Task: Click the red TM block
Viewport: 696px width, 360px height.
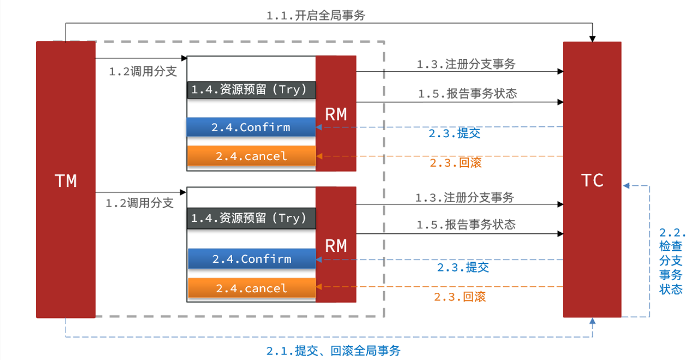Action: pos(66,180)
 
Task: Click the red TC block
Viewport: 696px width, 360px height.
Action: pos(592,180)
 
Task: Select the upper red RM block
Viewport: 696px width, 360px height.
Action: pos(336,114)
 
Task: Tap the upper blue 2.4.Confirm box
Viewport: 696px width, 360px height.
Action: pos(251,127)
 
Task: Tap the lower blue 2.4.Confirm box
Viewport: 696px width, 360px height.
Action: pos(251,258)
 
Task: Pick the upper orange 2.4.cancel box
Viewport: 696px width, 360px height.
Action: pos(251,156)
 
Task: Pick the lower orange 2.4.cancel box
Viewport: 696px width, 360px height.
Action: pos(251,288)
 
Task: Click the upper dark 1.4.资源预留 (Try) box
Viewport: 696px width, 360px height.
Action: pos(252,90)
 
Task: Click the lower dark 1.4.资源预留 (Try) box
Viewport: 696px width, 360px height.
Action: pos(252,219)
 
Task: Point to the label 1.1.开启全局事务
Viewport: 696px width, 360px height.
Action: pos(315,16)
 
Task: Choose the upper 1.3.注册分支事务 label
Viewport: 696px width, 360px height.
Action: pos(466,64)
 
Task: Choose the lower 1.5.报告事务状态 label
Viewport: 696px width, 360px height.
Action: pos(466,225)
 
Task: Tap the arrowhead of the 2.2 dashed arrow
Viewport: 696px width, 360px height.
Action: pos(626,186)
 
